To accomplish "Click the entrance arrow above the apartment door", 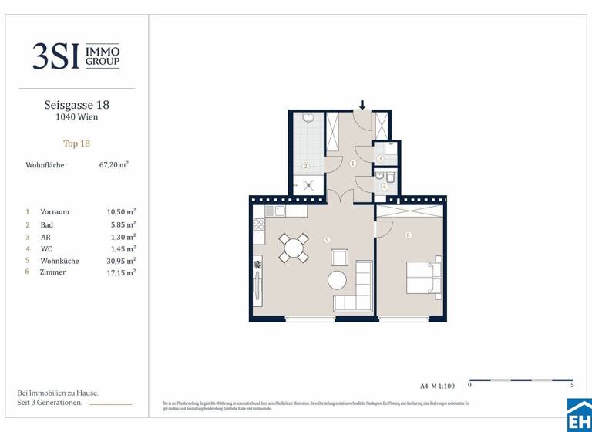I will (362, 104).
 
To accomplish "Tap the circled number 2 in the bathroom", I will (305, 166).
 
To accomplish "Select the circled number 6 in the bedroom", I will (408, 235).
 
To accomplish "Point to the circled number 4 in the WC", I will (383, 186).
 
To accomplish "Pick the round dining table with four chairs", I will (293, 248).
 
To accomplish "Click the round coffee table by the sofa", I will (338, 279).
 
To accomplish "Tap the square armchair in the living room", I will (339, 257).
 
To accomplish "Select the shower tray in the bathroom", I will (308, 185).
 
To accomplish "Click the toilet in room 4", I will (390, 178).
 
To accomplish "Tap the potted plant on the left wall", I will (257, 269).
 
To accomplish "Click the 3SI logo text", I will (55, 56).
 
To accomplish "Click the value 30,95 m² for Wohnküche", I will (121, 261).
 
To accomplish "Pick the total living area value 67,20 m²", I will (114, 164).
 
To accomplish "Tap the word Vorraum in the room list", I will (54, 211).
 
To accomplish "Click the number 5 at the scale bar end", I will (572, 384).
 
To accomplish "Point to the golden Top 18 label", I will (76, 143).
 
